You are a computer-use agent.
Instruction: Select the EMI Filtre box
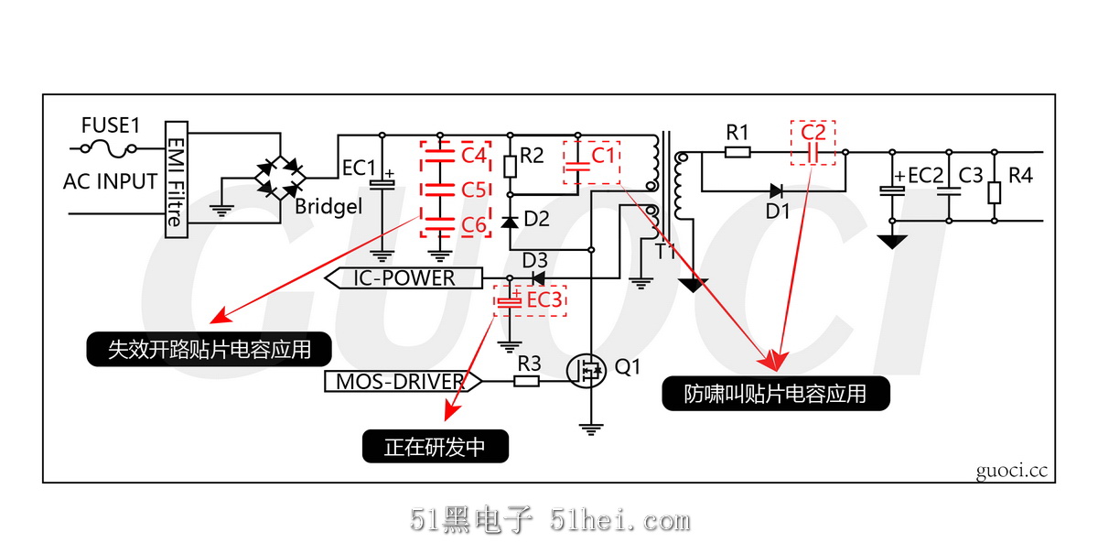[175, 179]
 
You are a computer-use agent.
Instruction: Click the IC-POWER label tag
[404, 277]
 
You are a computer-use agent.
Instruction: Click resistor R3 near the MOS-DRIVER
[526, 381]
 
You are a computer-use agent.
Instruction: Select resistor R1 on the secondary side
[737, 152]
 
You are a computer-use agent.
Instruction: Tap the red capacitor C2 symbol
[813, 153]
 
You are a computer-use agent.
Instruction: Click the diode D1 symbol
[776, 190]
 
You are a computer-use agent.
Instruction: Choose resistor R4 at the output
[995, 193]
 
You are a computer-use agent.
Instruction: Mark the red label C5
[473, 190]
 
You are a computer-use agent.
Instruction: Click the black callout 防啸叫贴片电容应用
[775, 394]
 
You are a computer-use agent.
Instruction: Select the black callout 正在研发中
[435, 447]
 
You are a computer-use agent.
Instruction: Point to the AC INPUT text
[111, 181]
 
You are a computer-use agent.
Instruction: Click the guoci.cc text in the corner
[1010, 471]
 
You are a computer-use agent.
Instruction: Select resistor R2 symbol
[509, 166]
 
